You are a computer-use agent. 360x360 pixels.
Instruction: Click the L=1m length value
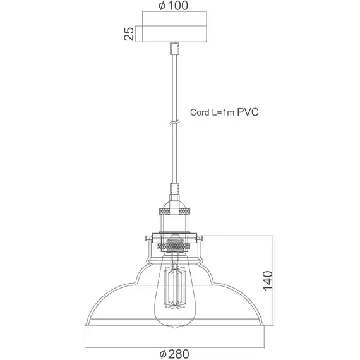coord(224,114)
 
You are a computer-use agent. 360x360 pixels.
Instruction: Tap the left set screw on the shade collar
coord(148,238)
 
